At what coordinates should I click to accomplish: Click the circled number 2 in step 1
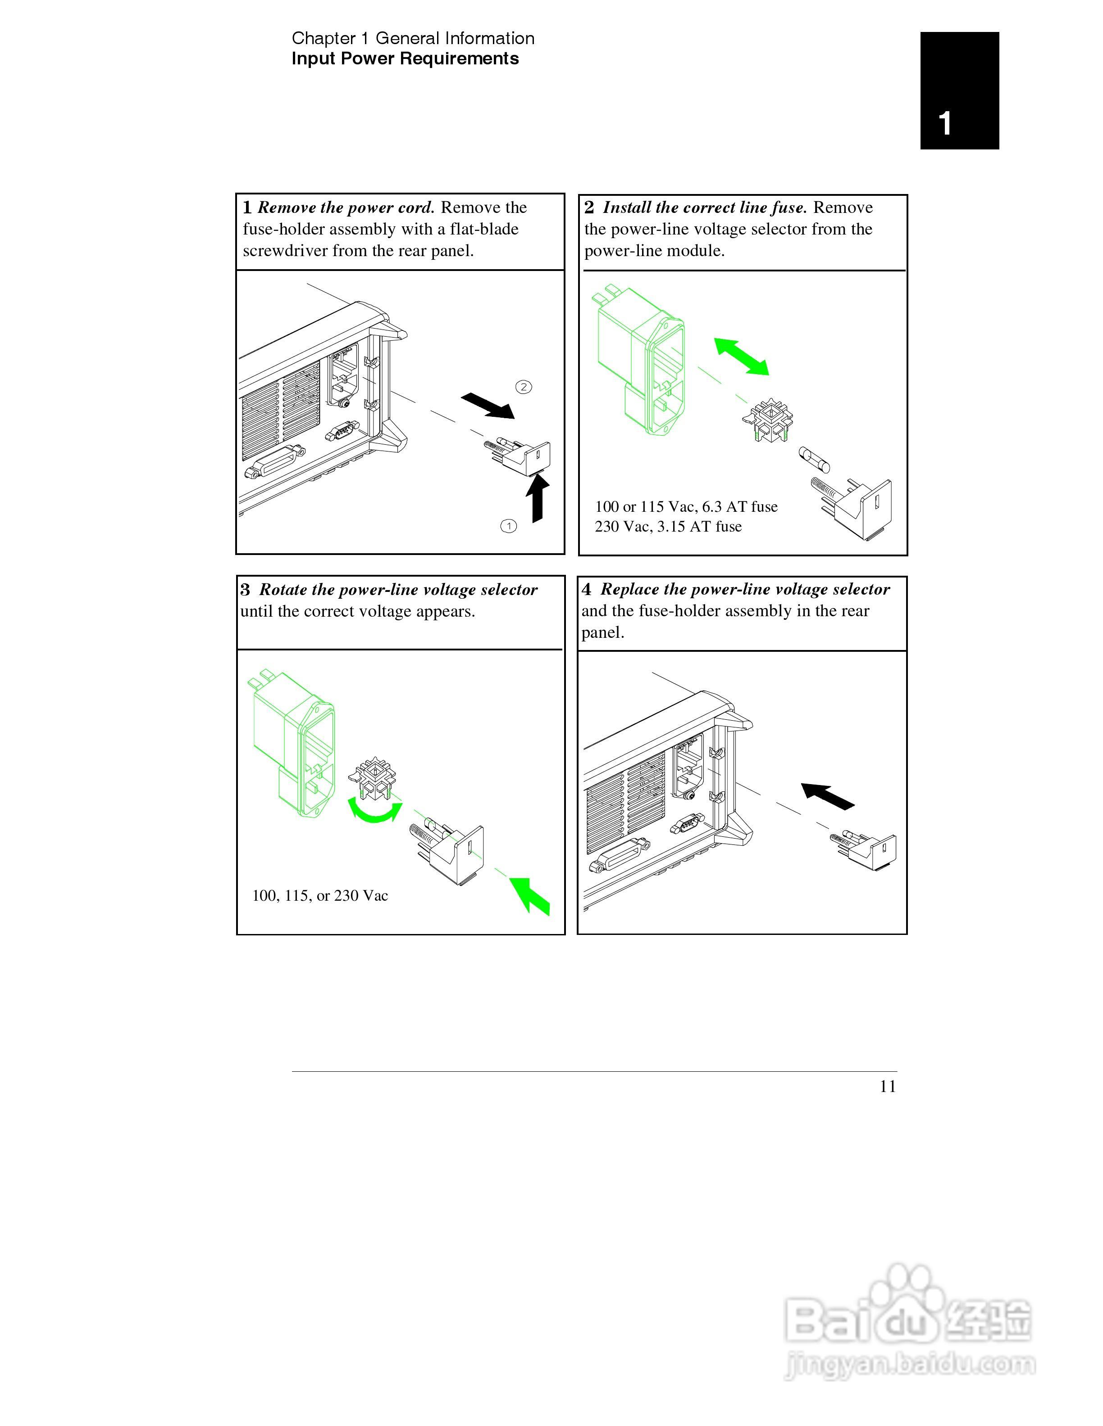pos(524,387)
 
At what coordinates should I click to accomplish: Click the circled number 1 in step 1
pos(508,526)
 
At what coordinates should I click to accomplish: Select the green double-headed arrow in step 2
pos(741,356)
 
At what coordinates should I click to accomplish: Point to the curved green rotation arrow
pos(374,812)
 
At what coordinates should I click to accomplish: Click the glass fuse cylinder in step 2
pos(815,460)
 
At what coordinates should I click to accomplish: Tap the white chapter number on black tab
pos(944,123)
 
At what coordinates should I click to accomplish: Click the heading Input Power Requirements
pos(405,59)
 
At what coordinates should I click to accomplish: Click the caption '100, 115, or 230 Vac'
pos(320,896)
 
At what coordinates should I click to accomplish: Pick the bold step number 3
pos(245,590)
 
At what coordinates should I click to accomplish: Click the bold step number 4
pos(587,590)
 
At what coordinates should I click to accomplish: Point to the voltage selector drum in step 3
pos(373,780)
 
